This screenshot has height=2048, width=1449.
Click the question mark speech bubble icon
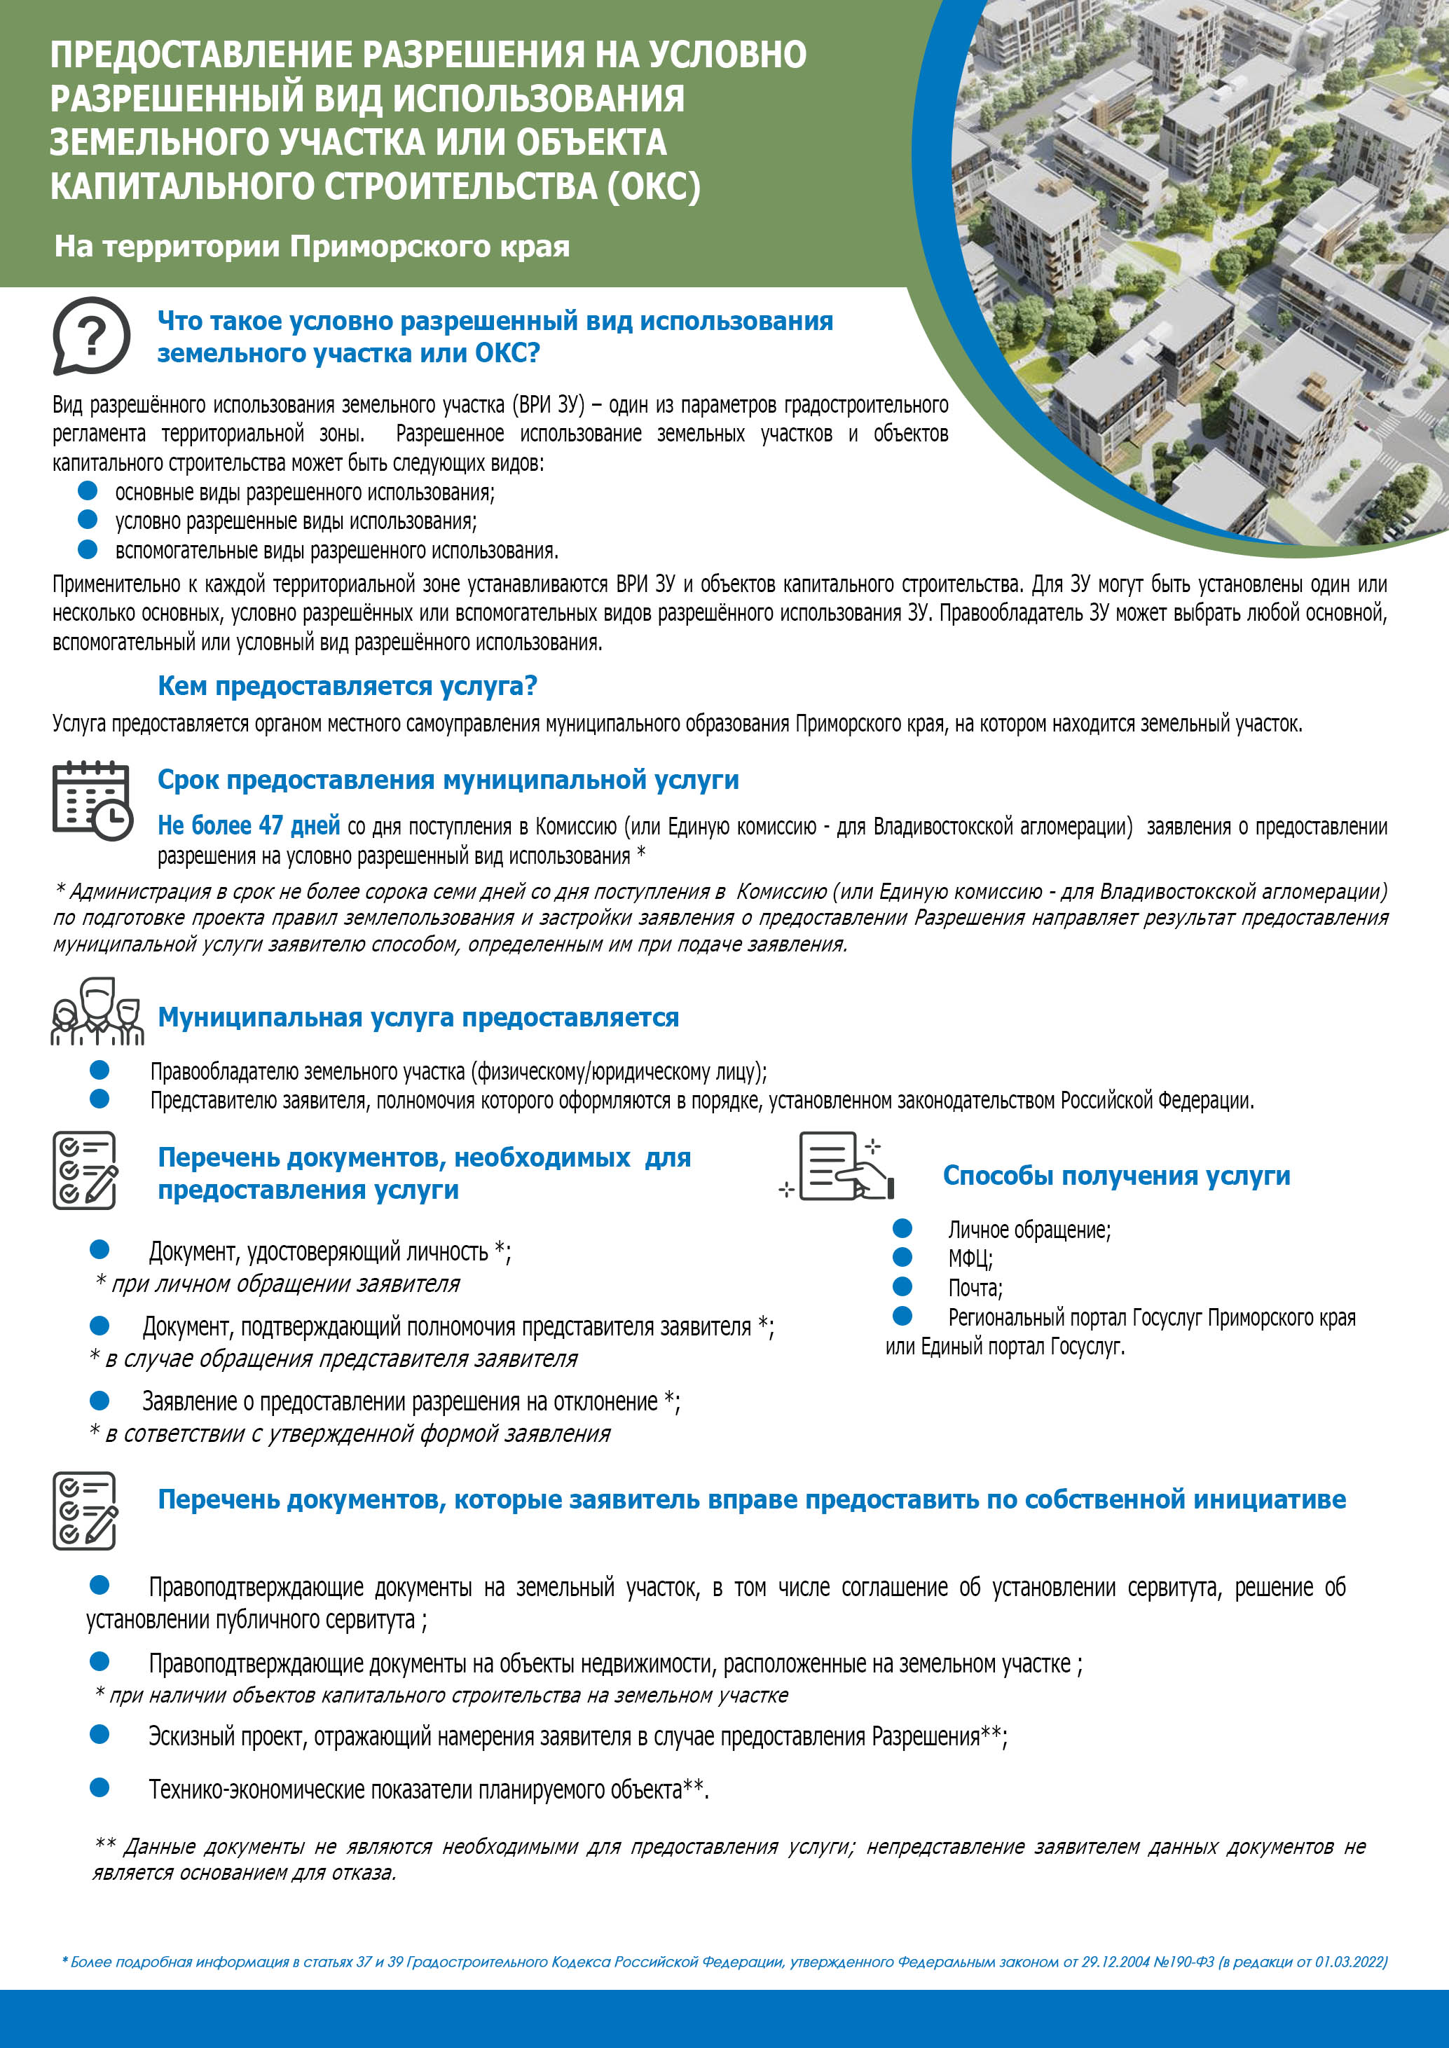pos(90,336)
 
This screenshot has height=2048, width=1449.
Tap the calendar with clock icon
pos(91,801)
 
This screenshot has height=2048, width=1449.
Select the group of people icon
pos(97,1012)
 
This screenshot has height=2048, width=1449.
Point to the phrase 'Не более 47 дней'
pos(248,826)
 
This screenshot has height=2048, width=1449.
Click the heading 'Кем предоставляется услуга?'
pos(347,686)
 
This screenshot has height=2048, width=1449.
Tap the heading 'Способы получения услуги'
pos(1116,1176)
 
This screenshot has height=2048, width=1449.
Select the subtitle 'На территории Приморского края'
pos(311,246)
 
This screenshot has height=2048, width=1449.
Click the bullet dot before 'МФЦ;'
pos(903,1257)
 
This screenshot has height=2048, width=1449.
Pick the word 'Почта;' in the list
pos(975,1288)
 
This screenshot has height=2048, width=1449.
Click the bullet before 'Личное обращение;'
pos(903,1228)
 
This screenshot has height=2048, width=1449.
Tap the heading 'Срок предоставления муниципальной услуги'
pos(448,780)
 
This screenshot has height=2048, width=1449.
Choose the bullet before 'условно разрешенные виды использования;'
pos(88,519)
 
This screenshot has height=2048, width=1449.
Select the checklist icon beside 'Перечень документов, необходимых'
pos(85,1170)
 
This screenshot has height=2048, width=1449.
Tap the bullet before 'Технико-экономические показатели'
pos(99,1787)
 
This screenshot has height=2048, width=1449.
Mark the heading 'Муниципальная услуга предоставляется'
pos(418,1018)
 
